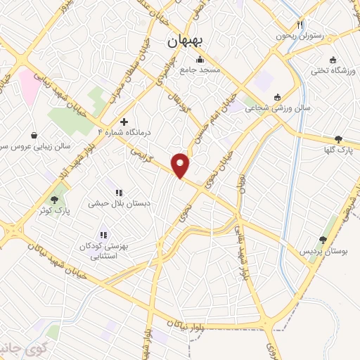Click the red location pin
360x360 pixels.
[x=181, y=165]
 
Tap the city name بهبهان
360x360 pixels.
[x=186, y=42]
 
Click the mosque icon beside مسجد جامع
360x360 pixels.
[x=200, y=59]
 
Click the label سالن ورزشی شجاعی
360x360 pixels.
[x=277, y=108]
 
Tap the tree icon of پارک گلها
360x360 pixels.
[x=339, y=139]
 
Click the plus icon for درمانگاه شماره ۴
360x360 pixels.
[x=124, y=121]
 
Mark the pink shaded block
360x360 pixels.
[x=30, y=84]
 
